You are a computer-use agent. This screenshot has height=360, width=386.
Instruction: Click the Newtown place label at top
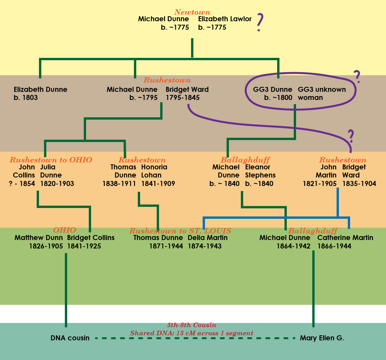[x=192, y=12]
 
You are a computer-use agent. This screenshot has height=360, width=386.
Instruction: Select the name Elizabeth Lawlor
[x=225, y=19]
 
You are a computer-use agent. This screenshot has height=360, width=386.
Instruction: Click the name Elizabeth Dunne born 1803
[x=40, y=90]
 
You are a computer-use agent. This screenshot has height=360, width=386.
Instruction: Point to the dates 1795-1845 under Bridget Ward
[x=183, y=98]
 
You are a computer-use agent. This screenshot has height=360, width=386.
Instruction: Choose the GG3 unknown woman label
[x=322, y=93]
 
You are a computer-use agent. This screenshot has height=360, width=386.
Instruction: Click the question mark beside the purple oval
[x=357, y=77]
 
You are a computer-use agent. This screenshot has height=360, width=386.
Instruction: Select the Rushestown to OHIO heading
[x=51, y=160]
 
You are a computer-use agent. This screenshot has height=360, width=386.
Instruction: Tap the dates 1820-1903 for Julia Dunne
[x=57, y=184]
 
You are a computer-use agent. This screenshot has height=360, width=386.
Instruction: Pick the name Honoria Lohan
[x=154, y=171]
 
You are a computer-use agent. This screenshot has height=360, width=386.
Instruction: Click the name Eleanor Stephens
[x=260, y=171]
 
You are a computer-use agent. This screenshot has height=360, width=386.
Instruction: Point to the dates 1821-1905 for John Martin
[x=320, y=184]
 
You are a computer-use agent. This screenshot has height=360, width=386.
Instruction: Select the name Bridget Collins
[x=91, y=238]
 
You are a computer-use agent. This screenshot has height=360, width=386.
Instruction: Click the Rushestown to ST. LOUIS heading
[x=180, y=231]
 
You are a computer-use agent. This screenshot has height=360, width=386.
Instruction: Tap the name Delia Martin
[x=208, y=238]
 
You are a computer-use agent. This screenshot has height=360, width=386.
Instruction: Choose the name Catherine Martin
[x=345, y=238]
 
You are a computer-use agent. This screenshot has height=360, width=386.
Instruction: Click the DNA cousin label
[x=70, y=338]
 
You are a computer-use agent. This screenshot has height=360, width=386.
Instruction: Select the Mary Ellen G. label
[x=322, y=338]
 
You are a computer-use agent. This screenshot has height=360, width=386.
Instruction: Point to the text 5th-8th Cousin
[x=191, y=325]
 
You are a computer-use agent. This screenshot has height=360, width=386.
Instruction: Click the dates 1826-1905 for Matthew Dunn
[x=46, y=246]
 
